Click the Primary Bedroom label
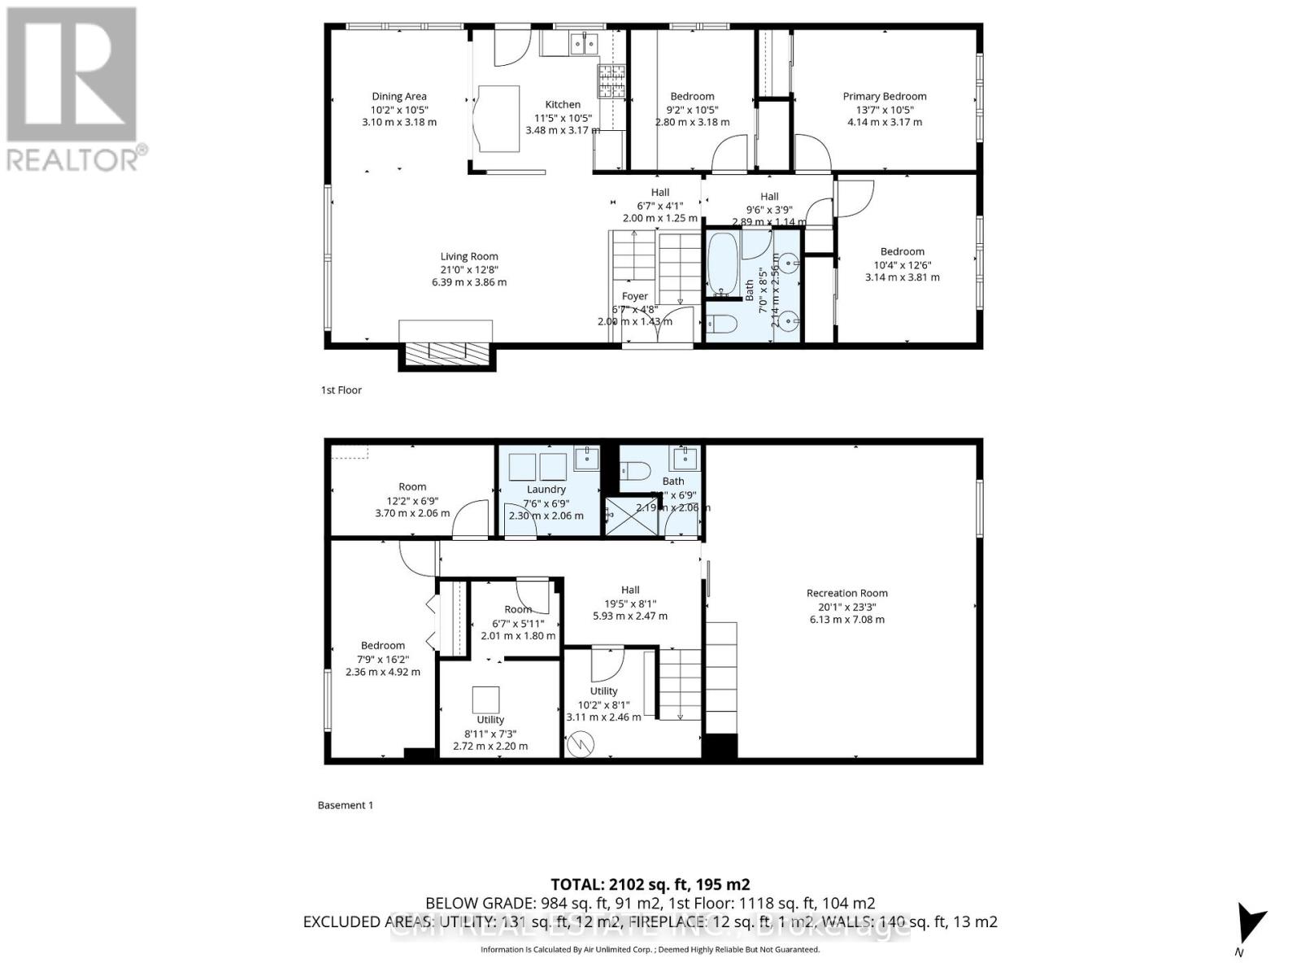(x=884, y=96)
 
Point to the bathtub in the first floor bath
(x=722, y=264)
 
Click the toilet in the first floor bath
(x=720, y=325)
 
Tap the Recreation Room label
(x=846, y=593)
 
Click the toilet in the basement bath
(x=636, y=471)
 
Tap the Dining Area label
(x=398, y=96)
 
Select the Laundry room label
(x=546, y=489)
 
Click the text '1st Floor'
(x=341, y=390)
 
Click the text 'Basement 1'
(x=345, y=805)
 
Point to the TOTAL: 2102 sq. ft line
(x=650, y=884)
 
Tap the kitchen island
(x=497, y=118)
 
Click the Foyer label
(x=634, y=296)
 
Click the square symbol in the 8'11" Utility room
(x=486, y=699)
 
